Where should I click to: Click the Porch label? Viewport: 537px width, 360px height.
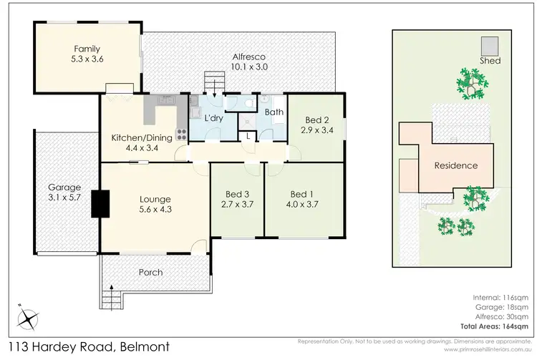tap(150, 273)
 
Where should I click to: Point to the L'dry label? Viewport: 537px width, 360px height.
tap(212, 118)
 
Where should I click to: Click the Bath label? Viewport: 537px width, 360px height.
tap(273, 112)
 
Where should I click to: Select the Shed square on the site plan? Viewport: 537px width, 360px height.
tap(490, 44)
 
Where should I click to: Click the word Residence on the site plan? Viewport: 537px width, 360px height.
tap(456, 165)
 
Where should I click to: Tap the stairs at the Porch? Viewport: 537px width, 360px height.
tap(111, 294)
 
